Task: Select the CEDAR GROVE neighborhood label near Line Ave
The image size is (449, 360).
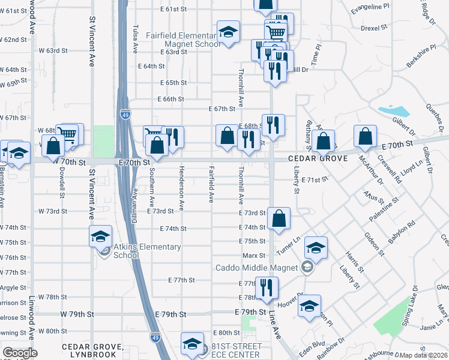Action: (318, 159)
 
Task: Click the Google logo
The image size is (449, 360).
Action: (20, 353)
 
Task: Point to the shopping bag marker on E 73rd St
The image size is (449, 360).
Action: (279, 220)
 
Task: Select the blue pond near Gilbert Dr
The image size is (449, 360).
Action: (394, 111)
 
